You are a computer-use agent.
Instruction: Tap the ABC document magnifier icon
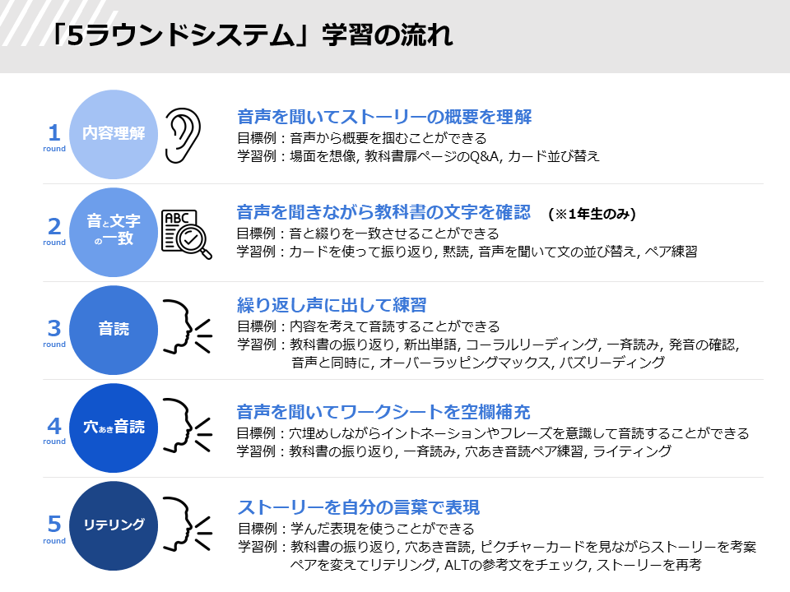(187, 234)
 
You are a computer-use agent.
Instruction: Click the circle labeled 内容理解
(114, 134)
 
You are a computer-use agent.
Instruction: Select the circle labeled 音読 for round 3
(114, 330)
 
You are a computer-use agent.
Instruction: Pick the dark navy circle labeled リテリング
(114, 525)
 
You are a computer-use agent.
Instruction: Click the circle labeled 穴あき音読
(114, 428)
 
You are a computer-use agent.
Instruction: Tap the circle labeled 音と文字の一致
(114, 232)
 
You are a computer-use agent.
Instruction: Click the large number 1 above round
(54, 133)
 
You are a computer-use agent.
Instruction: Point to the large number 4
(54, 427)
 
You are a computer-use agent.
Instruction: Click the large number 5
(54, 524)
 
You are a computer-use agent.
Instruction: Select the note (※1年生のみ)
(592, 214)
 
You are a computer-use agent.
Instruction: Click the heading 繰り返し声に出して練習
(332, 305)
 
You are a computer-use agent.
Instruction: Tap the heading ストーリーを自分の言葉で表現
(358, 507)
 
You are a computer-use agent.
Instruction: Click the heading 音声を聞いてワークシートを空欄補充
(383, 412)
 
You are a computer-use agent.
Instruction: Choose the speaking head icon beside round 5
(188, 524)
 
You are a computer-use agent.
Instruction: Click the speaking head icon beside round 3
(188, 326)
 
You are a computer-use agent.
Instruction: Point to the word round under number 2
(54, 242)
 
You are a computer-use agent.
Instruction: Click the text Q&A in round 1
(484, 156)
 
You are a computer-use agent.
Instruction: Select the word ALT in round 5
(456, 565)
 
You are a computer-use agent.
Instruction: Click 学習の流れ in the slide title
(388, 35)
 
